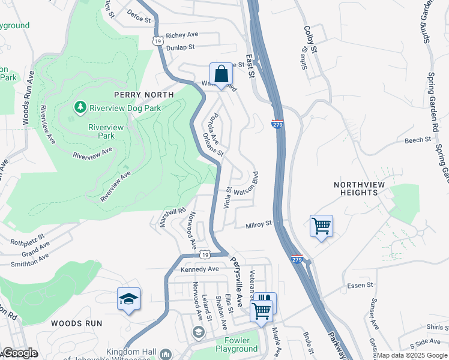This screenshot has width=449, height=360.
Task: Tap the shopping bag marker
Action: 221,75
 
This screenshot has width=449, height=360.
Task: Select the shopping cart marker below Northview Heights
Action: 321,226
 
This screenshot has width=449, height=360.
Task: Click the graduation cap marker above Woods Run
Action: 128,298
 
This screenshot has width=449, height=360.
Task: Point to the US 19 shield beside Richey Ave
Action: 157,41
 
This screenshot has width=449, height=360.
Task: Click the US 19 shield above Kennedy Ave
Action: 205,255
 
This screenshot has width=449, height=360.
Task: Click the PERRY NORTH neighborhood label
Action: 144,95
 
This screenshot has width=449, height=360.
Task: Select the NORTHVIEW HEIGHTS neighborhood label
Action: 357,188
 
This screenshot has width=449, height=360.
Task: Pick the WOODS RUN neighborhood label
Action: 76,323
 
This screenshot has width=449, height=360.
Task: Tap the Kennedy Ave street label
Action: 200,269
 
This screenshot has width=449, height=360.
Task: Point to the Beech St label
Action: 418,140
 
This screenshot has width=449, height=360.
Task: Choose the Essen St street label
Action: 360,286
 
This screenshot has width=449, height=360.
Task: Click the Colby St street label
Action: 311,40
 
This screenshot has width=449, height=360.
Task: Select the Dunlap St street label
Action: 181,47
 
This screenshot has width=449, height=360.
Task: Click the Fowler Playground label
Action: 237,345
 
